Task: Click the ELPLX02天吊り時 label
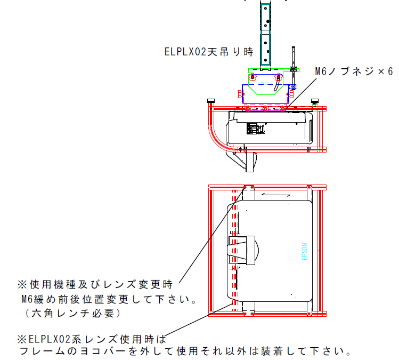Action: [x=209, y=52]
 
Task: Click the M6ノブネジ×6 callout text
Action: [x=354, y=71]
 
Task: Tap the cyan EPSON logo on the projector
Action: [x=305, y=251]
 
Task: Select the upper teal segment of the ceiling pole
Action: [x=265, y=17]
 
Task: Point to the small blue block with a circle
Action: [x=293, y=87]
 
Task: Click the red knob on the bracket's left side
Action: [x=240, y=94]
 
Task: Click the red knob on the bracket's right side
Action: [x=291, y=94]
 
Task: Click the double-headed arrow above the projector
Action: [x=276, y=195]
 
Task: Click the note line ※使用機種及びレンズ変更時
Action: [x=95, y=284]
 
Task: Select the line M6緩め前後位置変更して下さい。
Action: [x=109, y=299]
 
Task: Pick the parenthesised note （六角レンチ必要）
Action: [x=72, y=313]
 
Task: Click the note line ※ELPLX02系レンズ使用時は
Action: [x=92, y=339]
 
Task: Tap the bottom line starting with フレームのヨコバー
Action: [x=185, y=351]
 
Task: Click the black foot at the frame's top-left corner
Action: [x=211, y=101]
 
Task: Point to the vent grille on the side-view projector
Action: [x=255, y=129]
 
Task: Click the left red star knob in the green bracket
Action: [x=252, y=77]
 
